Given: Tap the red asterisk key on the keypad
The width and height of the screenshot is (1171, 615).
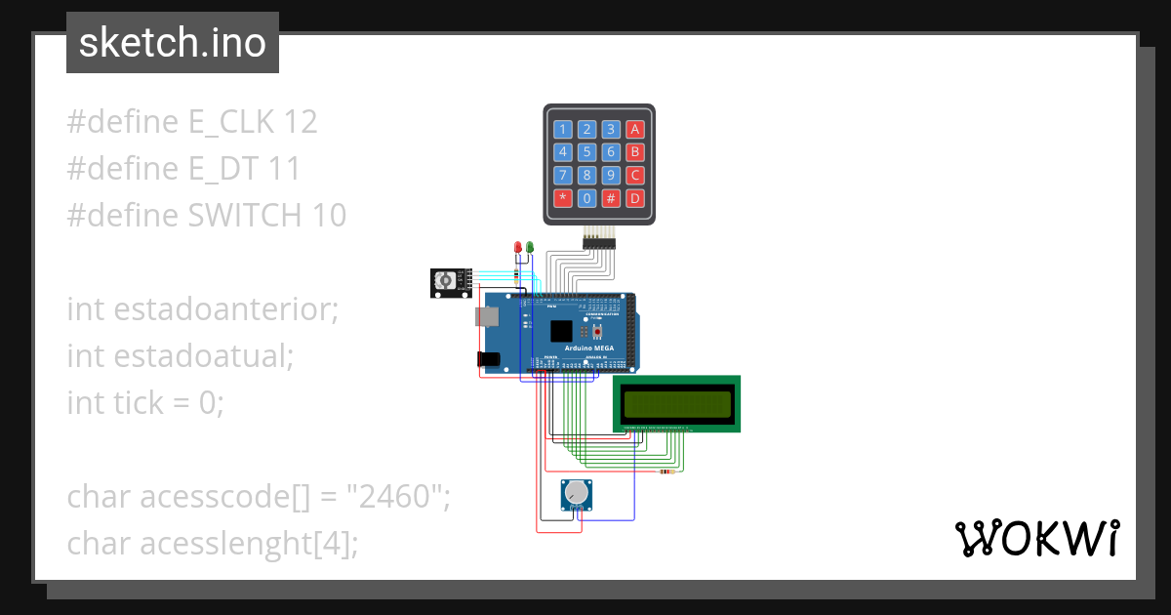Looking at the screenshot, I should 563,198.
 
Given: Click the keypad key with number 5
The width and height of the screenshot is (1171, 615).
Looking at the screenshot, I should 586,152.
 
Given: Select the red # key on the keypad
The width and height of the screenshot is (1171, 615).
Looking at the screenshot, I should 611,198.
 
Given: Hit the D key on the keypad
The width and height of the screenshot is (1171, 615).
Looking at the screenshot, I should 634,198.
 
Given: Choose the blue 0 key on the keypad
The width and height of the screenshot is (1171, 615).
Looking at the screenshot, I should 586,198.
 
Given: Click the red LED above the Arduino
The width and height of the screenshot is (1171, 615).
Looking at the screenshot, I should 518,248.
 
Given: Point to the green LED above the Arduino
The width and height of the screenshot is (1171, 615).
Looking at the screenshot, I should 530,248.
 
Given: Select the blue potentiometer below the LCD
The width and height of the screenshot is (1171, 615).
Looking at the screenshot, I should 577,495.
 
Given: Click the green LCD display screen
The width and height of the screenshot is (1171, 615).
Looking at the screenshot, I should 677,403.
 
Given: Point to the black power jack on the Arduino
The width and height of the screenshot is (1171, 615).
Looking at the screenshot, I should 488,359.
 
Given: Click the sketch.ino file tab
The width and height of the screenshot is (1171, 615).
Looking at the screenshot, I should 173,43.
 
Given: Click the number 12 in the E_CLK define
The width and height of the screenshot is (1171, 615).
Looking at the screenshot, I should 300,122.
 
